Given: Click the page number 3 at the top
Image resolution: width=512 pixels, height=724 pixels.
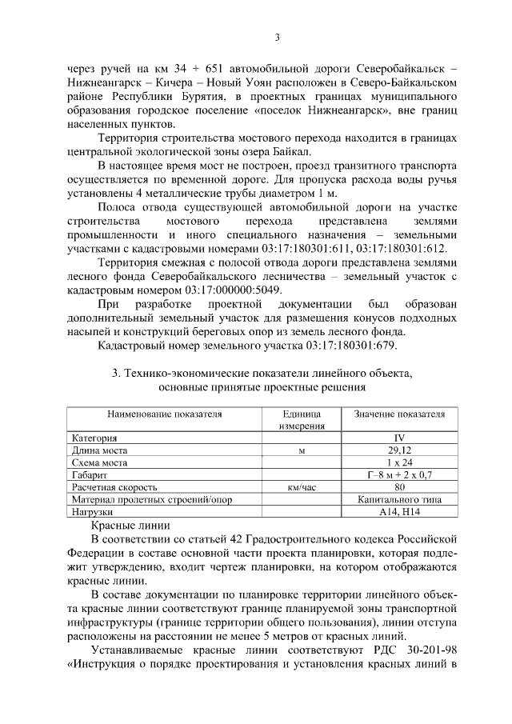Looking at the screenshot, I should [276, 38].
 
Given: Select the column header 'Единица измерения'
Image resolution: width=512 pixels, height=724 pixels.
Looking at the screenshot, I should [302, 421].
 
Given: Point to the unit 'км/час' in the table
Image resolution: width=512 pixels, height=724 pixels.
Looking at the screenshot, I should [302, 486].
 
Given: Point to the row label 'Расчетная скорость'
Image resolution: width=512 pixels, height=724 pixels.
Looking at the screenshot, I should [114, 486].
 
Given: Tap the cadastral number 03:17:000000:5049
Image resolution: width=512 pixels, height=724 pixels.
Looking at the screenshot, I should [222, 289].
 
